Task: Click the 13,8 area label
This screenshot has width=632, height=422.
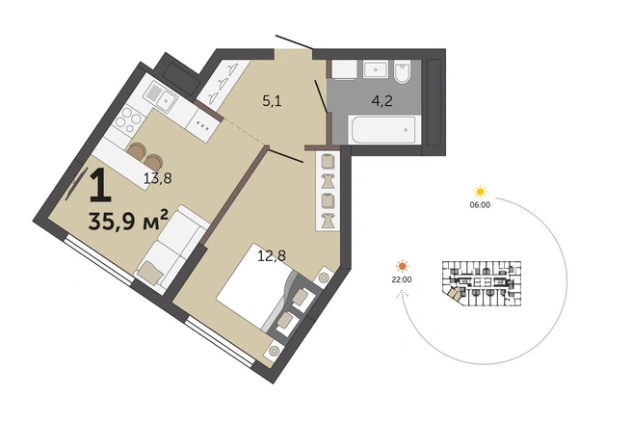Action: coord(158,177)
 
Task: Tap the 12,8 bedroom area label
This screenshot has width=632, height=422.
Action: coord(272,255)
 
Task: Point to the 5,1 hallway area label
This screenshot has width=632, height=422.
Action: coord(272,101)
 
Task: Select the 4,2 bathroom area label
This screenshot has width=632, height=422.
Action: coord(382,101)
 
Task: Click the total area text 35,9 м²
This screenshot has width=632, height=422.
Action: coord(128,221)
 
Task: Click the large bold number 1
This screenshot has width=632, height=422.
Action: coord(100,185)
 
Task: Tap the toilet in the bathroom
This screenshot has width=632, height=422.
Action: coord(402,71)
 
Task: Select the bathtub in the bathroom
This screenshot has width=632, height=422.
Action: coord(383,129)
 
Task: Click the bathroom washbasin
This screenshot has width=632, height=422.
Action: coord(376,69)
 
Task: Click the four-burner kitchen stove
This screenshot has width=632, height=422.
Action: coord(129,119)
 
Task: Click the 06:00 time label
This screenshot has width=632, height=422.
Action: coord(480,205)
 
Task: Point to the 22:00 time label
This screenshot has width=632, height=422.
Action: coord(402,279)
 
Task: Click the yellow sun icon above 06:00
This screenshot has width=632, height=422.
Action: coord(481,192)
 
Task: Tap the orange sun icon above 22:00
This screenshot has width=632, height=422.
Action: coord(403,267)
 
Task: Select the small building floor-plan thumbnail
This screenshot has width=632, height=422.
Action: coord(482,283)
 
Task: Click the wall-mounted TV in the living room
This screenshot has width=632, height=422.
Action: coord(76,184)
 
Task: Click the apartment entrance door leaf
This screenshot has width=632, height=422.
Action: coord(294,42)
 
